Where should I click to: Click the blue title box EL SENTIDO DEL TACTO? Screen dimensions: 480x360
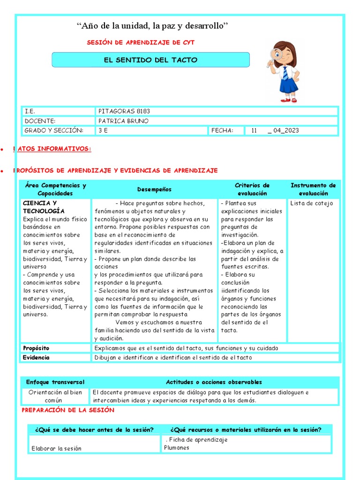pyautogui.click(x=150, y=60)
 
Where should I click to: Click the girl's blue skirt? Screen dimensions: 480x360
pyautogui.click(x=288, y=85)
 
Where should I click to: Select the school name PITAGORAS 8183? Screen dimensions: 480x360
pyautogui.click(x=124, y=111)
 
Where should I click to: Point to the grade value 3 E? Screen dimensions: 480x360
pyautogui.click(x=103, y=130)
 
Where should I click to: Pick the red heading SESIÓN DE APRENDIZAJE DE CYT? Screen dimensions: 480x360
pyautogui.click(x=141, y=43)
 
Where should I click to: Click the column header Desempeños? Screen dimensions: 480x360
pyautogui.click(x=154, y=189)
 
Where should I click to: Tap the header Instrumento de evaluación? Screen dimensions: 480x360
pyautogui.click(x=313, y=189)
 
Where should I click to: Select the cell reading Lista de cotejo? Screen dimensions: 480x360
pyautogui.click(x=312, y=203)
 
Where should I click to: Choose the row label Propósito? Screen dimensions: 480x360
pyautogui.click(x=36, y=348)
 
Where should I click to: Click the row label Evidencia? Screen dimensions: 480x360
pyautogui.click(x=36, y=358)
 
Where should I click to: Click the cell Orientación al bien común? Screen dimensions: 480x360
pyautogui.click(x=55, y=397)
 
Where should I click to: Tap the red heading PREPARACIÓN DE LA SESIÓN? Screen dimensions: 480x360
pyautogui.click(x=68, y=410)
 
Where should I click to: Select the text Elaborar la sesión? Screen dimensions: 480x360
pyautogui.click(x=56, y=449)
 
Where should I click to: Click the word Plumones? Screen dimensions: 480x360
pyautogui.click(x=177, y=448)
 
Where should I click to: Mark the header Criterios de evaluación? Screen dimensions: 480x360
pyautogui.click(x=252, y=189)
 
